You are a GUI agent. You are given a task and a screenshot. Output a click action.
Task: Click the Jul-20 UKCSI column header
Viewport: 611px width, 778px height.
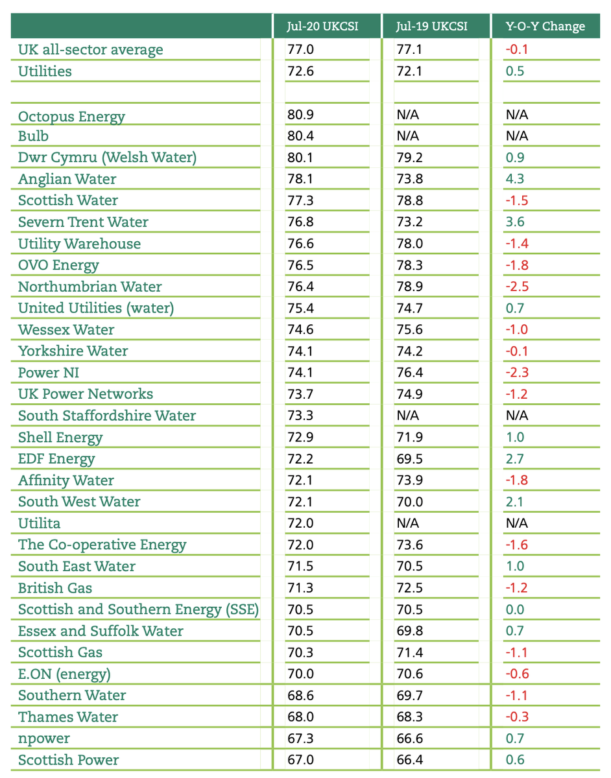[x=323, y=27]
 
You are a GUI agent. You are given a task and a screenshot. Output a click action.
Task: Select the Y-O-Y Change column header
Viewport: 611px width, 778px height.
[x=545, y=27]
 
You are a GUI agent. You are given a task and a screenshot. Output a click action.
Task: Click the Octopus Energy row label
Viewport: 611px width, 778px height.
[x=71, y=117]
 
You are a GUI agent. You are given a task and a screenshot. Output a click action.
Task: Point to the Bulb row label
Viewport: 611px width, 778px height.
[x=33, y=136]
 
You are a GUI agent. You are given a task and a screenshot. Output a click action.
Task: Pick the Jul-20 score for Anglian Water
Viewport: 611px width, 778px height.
[x=300, y=179]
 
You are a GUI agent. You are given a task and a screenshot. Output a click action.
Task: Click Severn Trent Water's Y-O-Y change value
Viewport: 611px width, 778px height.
[x=515, y=222]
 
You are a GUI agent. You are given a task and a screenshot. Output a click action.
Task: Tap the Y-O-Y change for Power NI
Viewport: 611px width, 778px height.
[x=517, y=373]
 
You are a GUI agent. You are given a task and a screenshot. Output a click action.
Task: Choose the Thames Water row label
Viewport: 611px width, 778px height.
[x=68, y=717]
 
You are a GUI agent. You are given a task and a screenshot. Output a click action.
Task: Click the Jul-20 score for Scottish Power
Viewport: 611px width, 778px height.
[x=300, y=760]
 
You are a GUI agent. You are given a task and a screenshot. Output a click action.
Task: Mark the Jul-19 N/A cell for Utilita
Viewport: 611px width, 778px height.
[x=408, y=523]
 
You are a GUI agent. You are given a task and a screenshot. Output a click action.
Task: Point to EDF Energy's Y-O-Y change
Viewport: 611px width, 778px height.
[x=515, y=459]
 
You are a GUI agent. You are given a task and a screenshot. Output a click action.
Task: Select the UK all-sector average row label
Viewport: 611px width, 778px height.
[x=91, y=50]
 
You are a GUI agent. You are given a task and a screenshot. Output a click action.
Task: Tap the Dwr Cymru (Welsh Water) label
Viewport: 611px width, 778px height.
[x=107, y=158]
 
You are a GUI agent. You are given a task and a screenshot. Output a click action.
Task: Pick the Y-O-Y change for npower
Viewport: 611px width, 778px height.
[x=515, y=738]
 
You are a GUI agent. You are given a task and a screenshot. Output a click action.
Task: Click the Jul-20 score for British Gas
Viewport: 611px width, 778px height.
[x=300, y=588]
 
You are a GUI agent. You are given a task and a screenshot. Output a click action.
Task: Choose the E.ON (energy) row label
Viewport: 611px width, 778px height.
[x=65, y=674]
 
